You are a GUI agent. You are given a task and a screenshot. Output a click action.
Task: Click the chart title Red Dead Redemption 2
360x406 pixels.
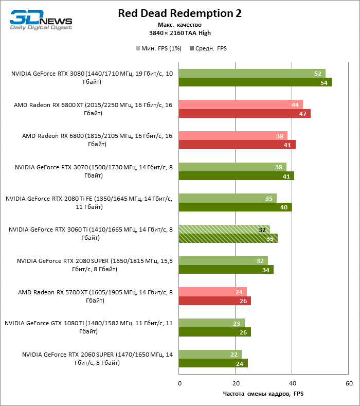coord(179,13)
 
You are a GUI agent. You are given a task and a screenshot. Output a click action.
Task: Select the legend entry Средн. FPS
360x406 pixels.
coord(208,48)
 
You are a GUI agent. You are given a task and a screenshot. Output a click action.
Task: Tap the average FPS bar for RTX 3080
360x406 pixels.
coord(255,82)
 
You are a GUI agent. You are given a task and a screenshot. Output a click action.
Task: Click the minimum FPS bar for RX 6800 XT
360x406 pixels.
coord(240,104)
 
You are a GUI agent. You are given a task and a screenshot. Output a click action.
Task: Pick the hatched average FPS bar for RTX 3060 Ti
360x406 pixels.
coord(228,238)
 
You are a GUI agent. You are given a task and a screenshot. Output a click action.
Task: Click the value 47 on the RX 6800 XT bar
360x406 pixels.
coord(303,114)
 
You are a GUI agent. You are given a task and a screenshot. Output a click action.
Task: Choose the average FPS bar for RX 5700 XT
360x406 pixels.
coord(214,301)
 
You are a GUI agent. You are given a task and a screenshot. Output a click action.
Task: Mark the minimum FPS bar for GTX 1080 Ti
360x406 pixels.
coord(211,323)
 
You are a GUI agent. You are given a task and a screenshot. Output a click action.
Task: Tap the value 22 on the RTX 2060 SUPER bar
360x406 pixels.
coord(235,354)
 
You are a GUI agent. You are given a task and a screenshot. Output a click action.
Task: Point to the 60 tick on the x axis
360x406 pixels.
coord(349,383)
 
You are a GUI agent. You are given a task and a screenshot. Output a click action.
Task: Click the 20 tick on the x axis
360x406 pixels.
coord(236,383)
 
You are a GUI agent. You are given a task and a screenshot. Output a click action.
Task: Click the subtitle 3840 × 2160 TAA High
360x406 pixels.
coord(179,33)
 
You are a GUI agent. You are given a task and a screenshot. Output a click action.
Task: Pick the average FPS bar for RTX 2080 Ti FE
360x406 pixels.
coord(235,207)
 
